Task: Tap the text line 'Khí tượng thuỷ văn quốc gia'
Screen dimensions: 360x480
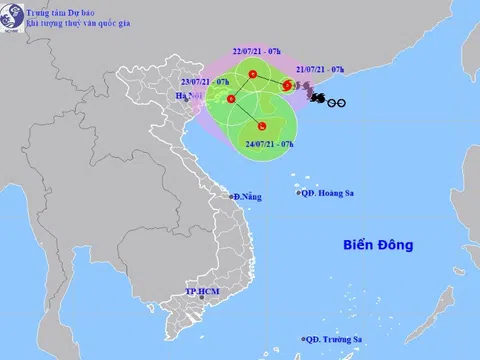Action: pyautogui.click(x=71, y=22)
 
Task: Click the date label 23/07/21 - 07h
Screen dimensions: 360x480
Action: pyautogui.click(x=207, y=80)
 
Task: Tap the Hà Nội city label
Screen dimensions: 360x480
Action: pyautogui.click(x=187, y=96)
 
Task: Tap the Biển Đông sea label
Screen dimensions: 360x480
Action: pyautogui.click(x=377, y=244)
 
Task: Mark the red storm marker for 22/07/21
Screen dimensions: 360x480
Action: pyautogui.click(x=252, y=75)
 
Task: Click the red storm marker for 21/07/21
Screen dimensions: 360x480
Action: pyautogui.click(x=287, y=86)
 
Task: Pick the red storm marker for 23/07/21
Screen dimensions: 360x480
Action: pyautogui.click(x=231, y=99)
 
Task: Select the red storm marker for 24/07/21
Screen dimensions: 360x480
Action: pyautogui.click(x=261, y=126)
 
